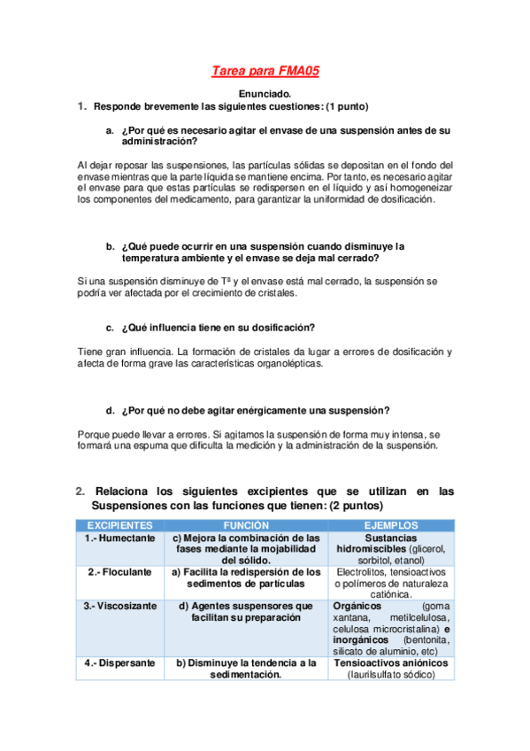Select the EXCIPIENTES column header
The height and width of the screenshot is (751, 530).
pyautogui.click(x=118, y=525)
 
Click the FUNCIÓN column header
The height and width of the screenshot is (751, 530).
pyautogui.click(x=246, y=525)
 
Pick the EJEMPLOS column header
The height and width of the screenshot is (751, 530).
pyautogui.click(x=390, y=525)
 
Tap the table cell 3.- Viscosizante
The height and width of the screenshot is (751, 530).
pyautogui.click(x=119, y=607)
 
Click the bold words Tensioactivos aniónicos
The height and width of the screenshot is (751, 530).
pyautogui.click(x=390, y=662)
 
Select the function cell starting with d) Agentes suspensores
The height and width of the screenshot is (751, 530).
pyautogui.click(x=246, y=612)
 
